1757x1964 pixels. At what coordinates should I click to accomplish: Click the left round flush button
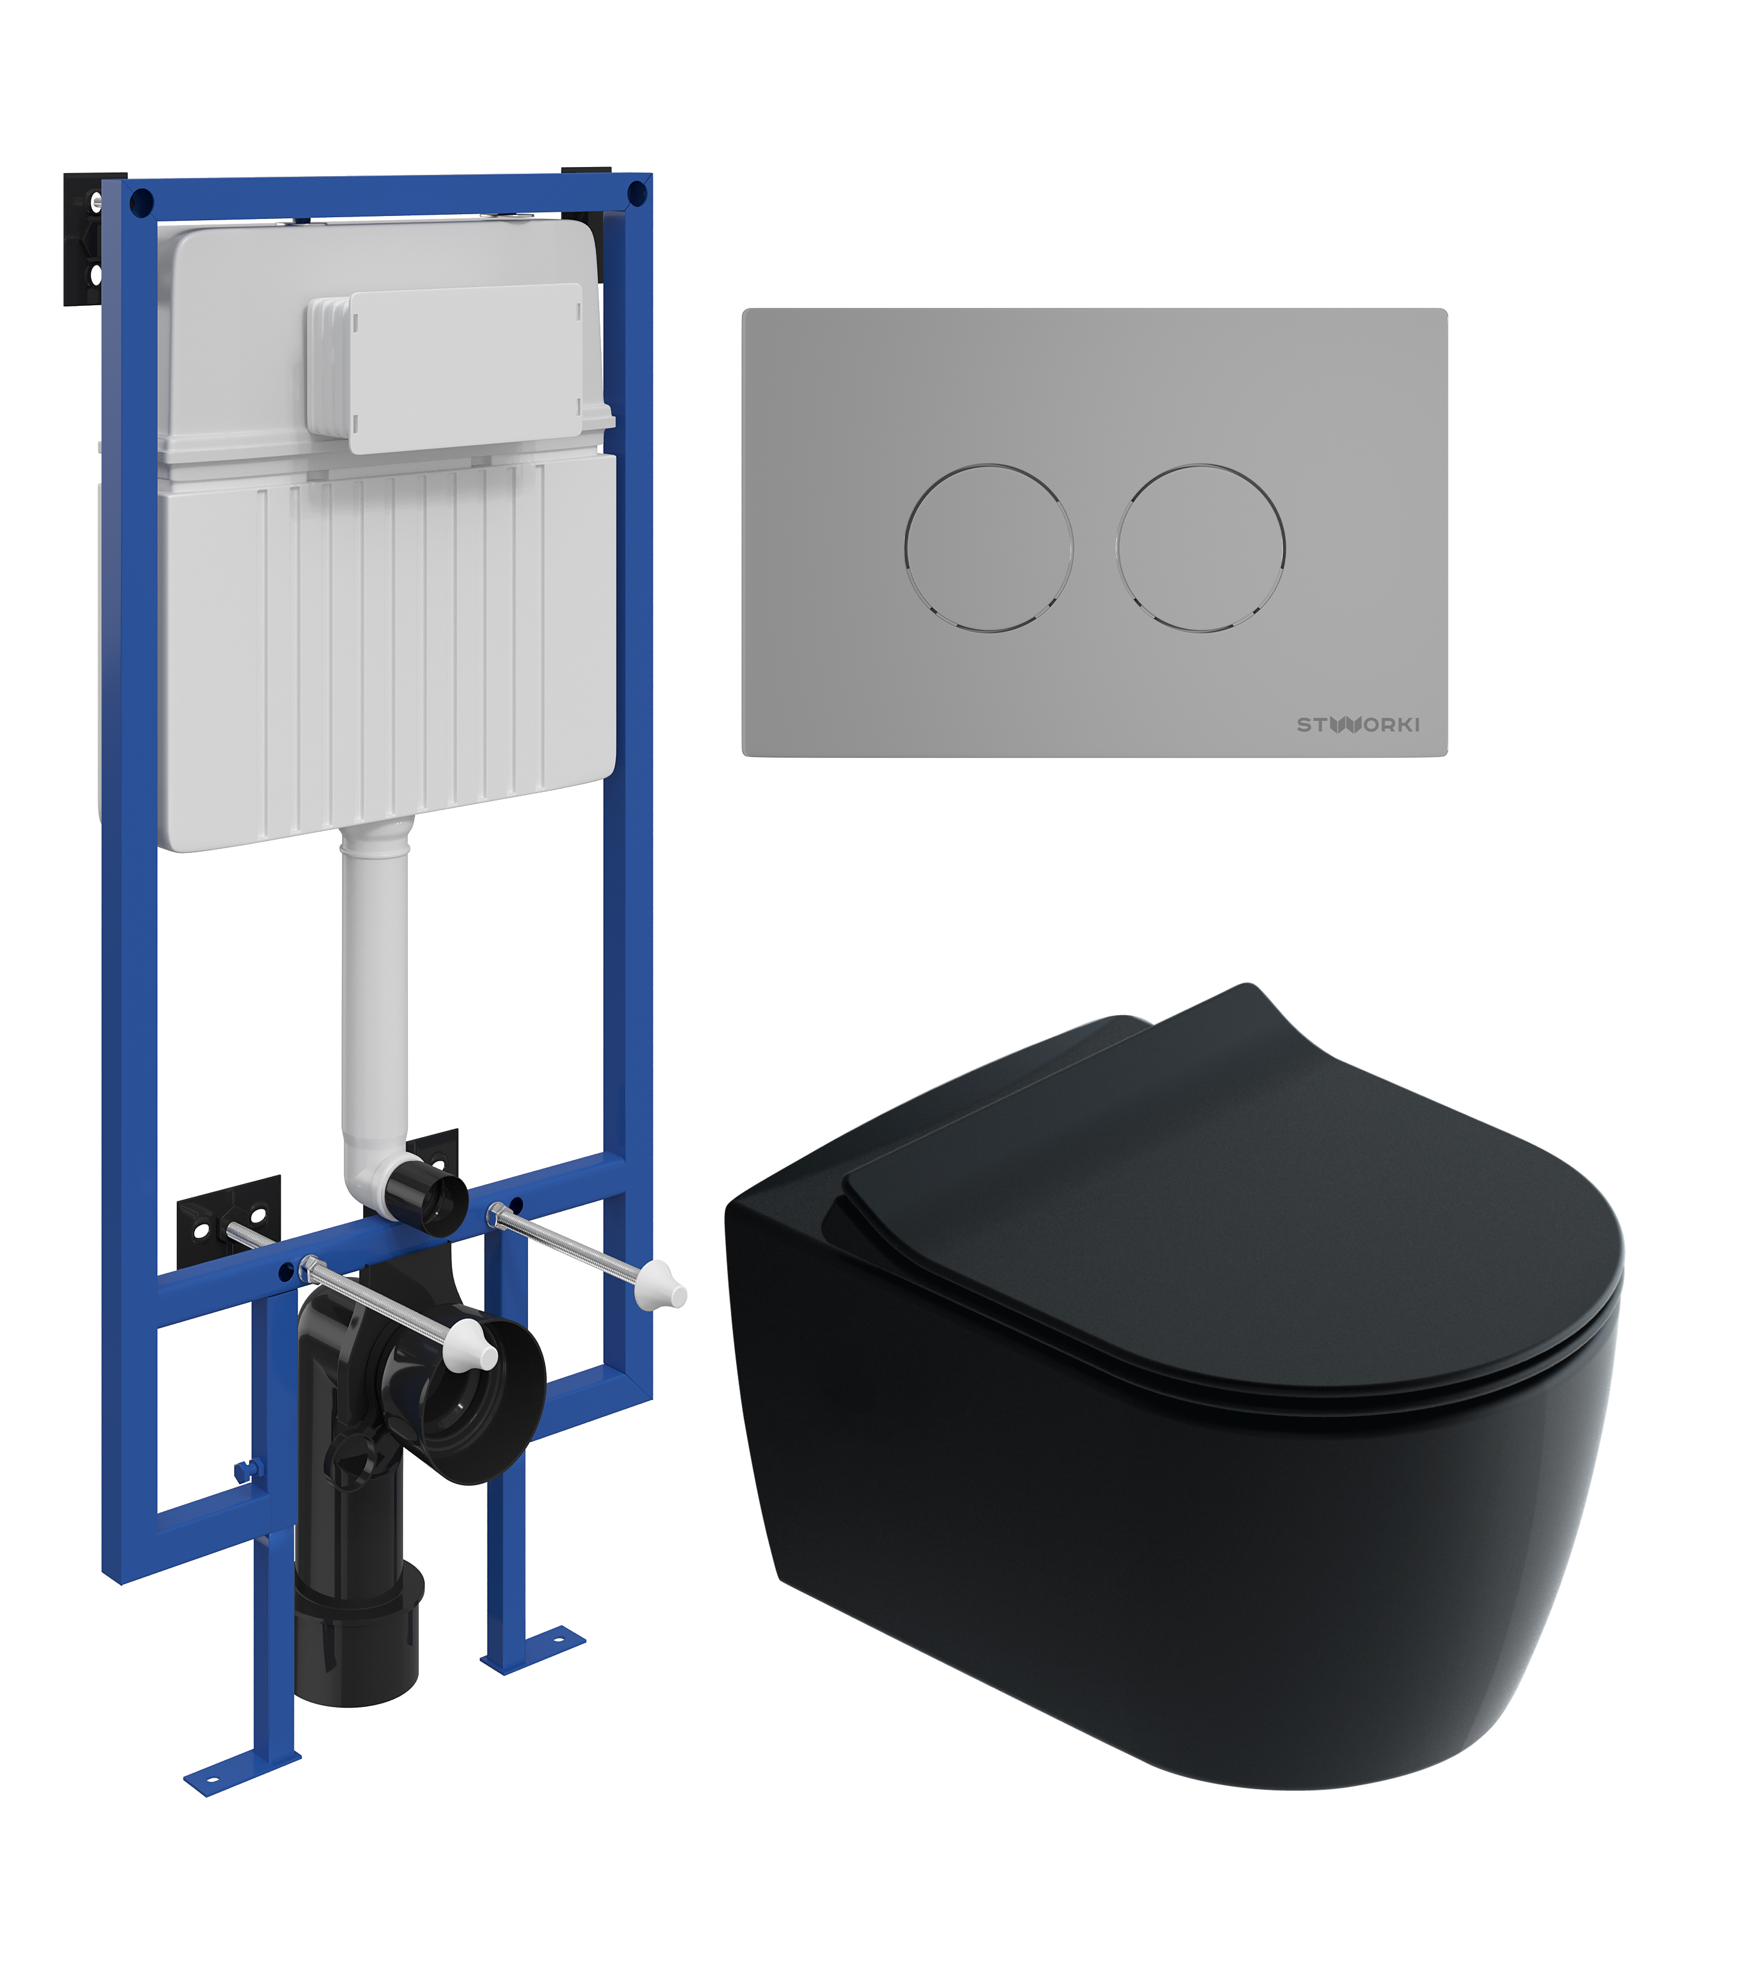coord(988,548)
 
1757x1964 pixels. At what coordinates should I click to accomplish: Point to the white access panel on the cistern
coord(446,368)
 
